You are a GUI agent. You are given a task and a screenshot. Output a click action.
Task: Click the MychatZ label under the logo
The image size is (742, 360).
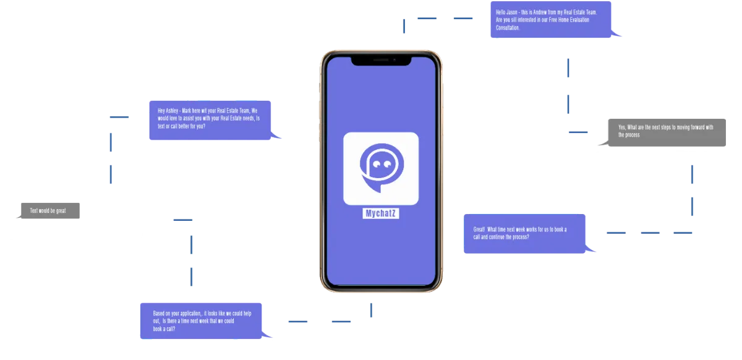[x=381, y=213]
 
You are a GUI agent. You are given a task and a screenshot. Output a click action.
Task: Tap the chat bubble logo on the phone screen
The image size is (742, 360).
[x=382, y=168]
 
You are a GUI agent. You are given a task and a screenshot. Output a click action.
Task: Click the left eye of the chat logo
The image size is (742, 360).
[x=377, y=164]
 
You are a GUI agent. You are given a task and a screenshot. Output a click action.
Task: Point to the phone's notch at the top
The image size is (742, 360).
[x=382, y=61]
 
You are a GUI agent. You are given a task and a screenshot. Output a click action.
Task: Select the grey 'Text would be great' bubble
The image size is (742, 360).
[x=49, y=210]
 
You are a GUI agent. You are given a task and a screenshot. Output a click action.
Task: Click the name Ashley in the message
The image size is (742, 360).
[x=172, y=111]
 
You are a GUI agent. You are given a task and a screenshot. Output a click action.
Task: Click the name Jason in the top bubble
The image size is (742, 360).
[x=511, y=12]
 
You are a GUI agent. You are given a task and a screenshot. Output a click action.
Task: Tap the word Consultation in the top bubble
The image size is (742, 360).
[x=508, y=28]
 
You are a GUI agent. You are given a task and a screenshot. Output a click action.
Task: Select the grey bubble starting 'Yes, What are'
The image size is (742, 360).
[x=663, y=132]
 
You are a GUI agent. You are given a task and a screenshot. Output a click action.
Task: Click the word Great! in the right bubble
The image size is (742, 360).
[x=479, y=229]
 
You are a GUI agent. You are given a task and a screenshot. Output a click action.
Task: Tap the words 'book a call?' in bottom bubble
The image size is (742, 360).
[x=164, y=329]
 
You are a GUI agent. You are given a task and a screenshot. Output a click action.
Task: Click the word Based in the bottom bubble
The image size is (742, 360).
[x=159, y=313]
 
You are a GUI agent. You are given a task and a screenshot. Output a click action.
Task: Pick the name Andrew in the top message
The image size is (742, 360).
[x=540, y=12]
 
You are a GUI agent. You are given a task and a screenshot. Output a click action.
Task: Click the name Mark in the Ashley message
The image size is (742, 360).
[x=187, y=111]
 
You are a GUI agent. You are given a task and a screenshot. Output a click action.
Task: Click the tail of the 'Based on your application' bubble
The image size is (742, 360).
[x=267, y=335]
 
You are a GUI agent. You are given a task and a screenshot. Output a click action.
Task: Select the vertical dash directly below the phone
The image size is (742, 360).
[x=371, y=310]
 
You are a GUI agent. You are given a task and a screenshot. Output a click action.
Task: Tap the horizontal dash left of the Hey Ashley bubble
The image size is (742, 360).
[x=119, y=117]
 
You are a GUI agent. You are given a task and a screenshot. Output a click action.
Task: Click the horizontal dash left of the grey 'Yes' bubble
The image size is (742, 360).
[x=578, y=132]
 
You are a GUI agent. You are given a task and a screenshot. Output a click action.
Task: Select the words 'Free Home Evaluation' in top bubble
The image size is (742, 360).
[x=569, y=20]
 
